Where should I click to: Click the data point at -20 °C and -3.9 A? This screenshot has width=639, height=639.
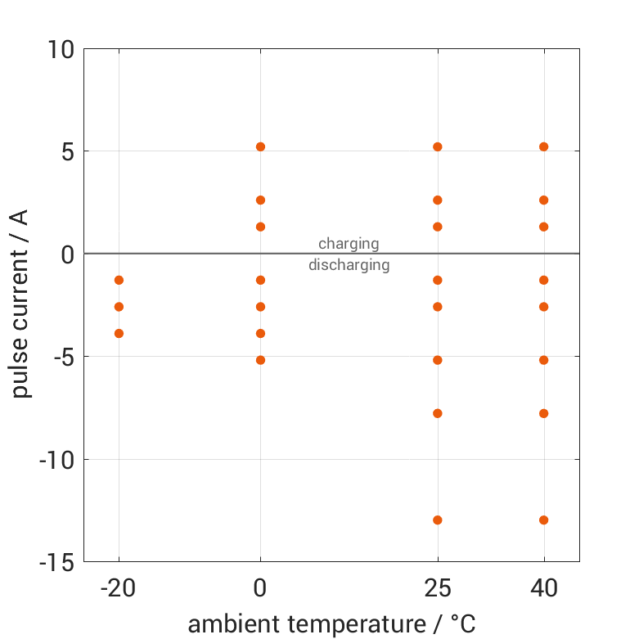(119, 333)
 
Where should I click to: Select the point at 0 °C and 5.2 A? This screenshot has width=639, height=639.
(260, 146)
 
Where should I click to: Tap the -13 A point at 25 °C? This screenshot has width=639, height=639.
(438, 520)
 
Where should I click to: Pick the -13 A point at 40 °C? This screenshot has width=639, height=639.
(543, 520)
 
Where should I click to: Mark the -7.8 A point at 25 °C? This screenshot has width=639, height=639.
(438, 413)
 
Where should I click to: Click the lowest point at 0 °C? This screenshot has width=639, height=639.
(260, 360)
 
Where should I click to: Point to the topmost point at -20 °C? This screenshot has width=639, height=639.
(119, 280)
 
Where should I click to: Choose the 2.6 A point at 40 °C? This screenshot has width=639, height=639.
(543, 200)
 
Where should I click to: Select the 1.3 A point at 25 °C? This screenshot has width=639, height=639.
(438, 227)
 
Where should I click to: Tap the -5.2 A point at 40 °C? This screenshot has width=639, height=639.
(543, 360)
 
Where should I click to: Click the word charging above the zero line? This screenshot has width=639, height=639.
(349, 243)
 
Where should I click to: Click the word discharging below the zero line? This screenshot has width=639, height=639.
(349, 265)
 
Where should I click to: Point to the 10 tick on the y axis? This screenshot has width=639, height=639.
(61, 49)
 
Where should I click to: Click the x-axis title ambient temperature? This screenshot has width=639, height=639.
(331, 624)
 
